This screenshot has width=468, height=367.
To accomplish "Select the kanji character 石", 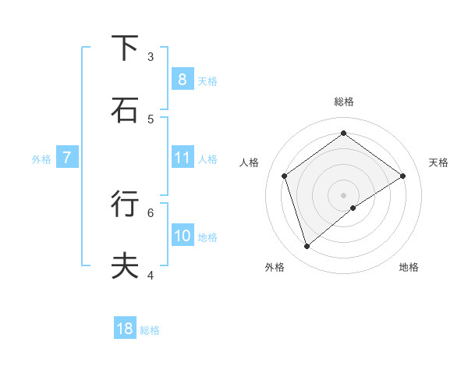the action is [x=125, y=110].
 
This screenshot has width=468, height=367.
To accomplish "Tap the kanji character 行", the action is [x=125, y=204].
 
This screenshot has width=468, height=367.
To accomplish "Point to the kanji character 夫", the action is [x=125, y=266].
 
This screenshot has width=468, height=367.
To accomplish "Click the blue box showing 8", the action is [x=182, y=79].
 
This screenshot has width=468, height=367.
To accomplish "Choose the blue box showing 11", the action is [x=182, y=158].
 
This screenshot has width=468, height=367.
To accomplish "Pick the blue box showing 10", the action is [x=182, y=236].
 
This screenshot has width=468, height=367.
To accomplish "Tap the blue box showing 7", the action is [x=67, y=158].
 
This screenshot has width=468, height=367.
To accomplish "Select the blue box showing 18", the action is [x=125, y=329].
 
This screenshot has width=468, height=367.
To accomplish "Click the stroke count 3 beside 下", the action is [x=151, y=56].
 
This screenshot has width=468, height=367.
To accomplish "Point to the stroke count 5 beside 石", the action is [x=151, y=119].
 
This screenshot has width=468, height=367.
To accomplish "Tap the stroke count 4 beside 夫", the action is [x=151, y=275].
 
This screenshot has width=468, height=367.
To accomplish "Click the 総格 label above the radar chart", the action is [x=344, y=102].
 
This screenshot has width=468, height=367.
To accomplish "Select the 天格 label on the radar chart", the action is [x=438, y=162].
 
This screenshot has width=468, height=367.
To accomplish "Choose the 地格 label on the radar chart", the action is [x=409, y=267].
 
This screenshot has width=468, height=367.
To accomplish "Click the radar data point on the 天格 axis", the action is [x=403, y=176].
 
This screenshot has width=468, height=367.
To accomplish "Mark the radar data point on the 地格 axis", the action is [x=353, y=208].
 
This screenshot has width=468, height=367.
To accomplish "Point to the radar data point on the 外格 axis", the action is [x=307, y=247].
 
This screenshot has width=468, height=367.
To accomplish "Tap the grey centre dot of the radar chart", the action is [x=344, y=194].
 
